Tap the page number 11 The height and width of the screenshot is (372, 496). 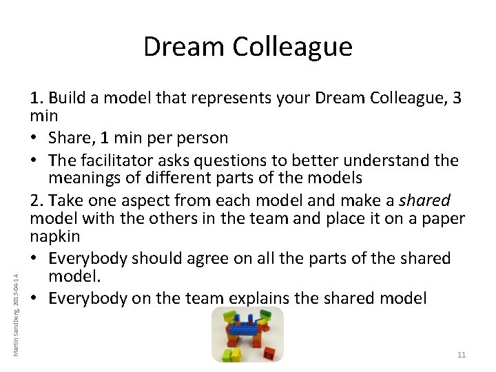tap(461, 355)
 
